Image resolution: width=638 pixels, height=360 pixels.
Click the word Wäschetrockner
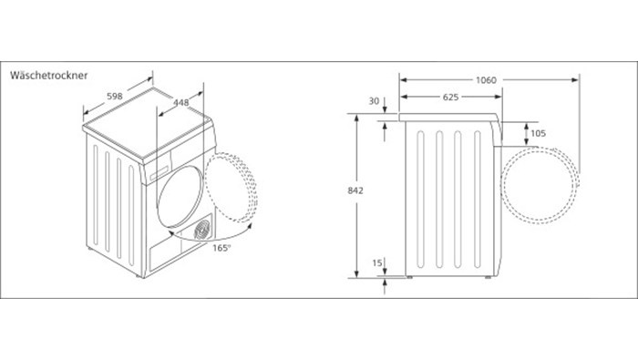point(49,76)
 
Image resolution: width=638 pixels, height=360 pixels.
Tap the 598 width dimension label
point(115,97)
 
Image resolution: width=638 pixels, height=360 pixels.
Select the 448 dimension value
point(181,102)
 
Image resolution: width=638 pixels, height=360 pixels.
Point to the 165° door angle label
point(221,248)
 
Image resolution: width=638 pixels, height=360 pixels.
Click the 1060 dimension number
point(486,80)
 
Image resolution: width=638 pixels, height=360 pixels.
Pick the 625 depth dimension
point(450,97)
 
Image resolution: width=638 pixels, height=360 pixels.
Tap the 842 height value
point(355,190)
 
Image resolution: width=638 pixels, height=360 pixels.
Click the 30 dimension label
point(374,101)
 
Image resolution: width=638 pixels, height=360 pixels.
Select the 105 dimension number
point(538,133)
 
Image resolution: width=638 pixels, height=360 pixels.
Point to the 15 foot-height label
point(377,262)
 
